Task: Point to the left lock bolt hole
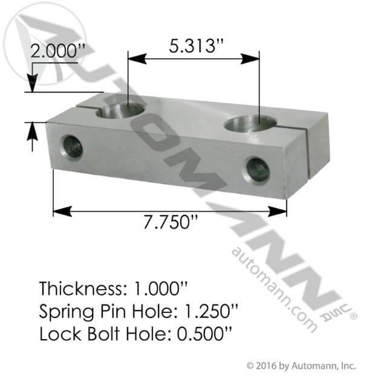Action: tap(73, 147)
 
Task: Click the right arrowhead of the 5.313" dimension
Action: tap(254, 59)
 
